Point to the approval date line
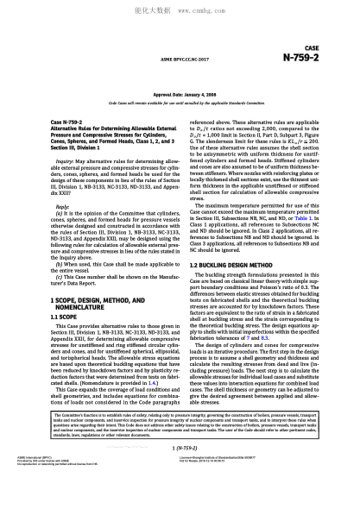click(180, 92)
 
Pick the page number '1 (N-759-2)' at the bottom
click(180, 474)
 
